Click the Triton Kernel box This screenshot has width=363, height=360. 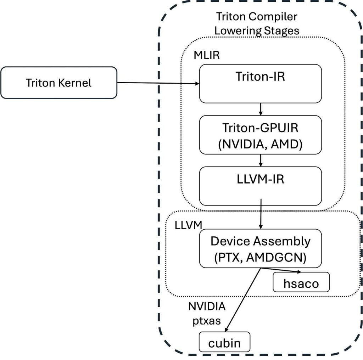(x=58, y=83)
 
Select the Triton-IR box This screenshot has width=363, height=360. (x=261, y=84)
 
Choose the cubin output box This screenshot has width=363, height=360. (x=224, y=343)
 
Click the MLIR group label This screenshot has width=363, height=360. (x=207, y=56)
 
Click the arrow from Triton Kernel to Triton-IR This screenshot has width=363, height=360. (x=158, y=83)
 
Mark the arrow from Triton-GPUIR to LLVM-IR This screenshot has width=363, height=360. (x=261, y=161)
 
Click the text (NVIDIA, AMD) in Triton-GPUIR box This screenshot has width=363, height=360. (x=261, y=145)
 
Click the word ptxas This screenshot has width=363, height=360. (x=207, y=321)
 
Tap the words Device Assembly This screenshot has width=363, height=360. (x=261, y=241)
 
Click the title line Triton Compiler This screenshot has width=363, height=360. (x=257, y=17)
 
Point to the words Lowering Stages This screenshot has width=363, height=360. (x=257, y=30)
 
